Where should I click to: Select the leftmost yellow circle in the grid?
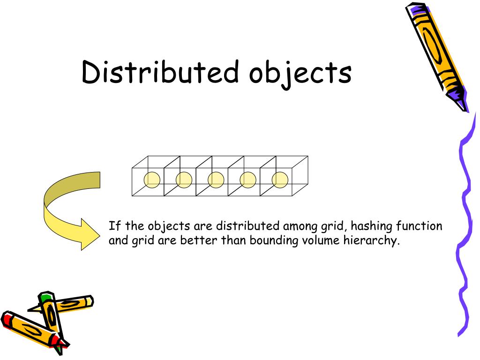(152, 180)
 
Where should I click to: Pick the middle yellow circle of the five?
(216, 180)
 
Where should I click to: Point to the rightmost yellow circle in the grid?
(280, 180)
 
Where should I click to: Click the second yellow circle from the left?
(184, 180)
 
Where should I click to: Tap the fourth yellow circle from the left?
(247, 180)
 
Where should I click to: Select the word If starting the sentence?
(115, 226)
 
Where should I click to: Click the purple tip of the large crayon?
(457, 98)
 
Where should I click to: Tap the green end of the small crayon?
(45, 297)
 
